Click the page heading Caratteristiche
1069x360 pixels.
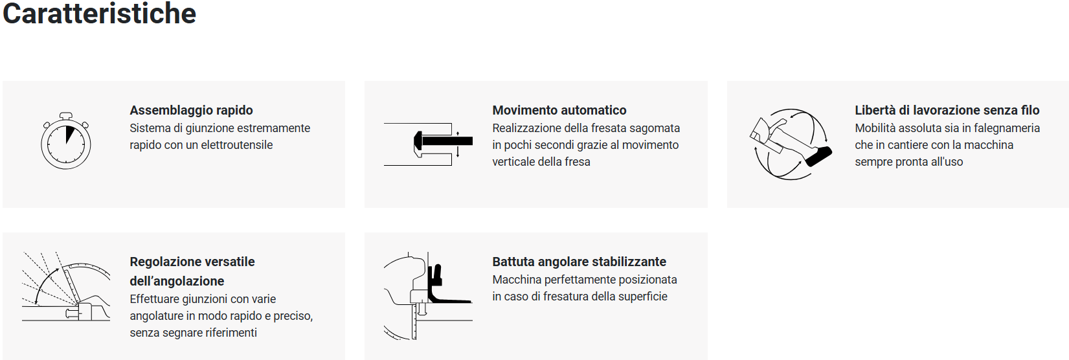point(99,14)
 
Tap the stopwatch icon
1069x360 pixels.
point(66,141)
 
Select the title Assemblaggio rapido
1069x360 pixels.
point(192,110)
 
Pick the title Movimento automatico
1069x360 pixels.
point(559,110)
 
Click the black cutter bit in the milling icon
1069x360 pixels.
point(443,141)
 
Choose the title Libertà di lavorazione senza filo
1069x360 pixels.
point(947,110)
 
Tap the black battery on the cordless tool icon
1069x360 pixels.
point(818,156)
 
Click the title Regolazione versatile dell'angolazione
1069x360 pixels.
point(192,271)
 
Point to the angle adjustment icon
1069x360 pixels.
point(66,286)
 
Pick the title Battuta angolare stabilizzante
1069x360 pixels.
point(579,262)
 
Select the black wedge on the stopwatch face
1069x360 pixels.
point(69,134)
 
